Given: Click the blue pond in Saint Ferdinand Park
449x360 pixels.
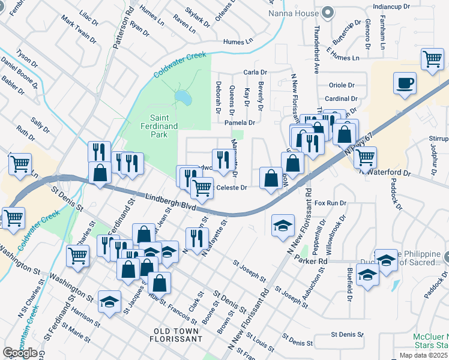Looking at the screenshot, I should (182, 97).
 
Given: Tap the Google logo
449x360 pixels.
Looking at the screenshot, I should (20, 353).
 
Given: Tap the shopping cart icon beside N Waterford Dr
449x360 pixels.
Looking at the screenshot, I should (364, 158).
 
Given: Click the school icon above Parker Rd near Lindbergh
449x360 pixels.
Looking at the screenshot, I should (283, 226).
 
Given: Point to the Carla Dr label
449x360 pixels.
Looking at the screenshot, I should (255, 72).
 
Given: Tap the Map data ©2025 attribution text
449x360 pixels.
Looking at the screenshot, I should (424, 355).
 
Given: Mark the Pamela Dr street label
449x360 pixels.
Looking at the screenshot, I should (240, 122).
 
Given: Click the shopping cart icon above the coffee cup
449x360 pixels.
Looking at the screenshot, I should (432, 59).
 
